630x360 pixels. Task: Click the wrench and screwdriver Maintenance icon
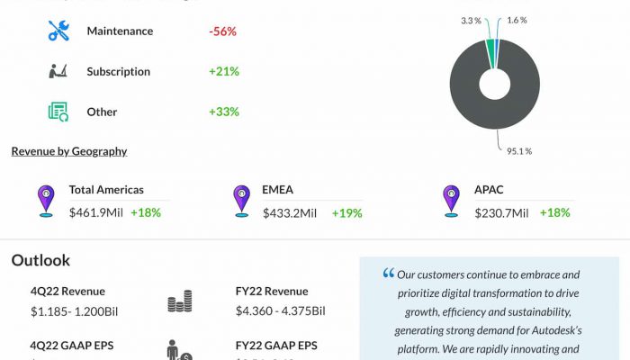(58, 31)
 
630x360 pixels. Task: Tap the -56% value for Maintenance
(222, 31)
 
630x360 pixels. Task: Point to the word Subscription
(118, 72)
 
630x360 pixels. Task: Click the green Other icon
(58, 112)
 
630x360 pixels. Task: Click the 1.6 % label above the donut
(517, 20)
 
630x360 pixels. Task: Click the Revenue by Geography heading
(69, 151)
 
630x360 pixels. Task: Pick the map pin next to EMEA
(241, 200)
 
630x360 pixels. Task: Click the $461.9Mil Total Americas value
(95, 213)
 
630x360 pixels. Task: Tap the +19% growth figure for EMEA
(346, 213)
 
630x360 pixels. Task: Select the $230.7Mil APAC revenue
(502, 213)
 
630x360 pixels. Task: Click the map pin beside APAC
(451, 200)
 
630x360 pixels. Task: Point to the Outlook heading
(40, 260)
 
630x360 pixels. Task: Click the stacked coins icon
(180, 302)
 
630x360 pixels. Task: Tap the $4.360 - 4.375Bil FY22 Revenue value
(280, 311)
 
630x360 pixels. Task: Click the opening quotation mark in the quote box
(388, 273)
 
